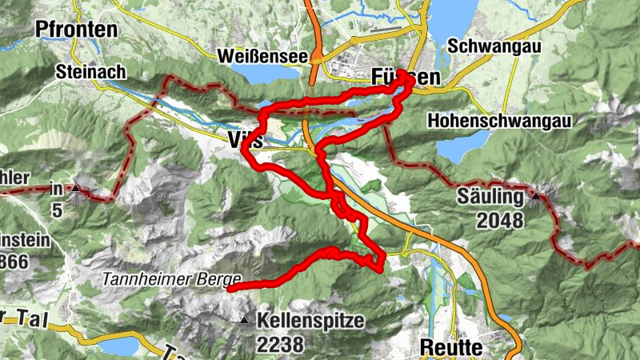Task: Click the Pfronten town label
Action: [76, 30]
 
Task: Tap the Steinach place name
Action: [90, 72]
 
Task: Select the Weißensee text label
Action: [262, 56]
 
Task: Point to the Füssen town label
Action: [406, 78]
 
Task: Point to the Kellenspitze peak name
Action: [310, 322]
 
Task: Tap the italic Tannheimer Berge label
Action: [171, 279]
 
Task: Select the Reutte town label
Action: [450, 347]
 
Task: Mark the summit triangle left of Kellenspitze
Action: [243, 321]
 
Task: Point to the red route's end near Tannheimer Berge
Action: [230, 290]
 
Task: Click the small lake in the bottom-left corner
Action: [118, 346]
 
